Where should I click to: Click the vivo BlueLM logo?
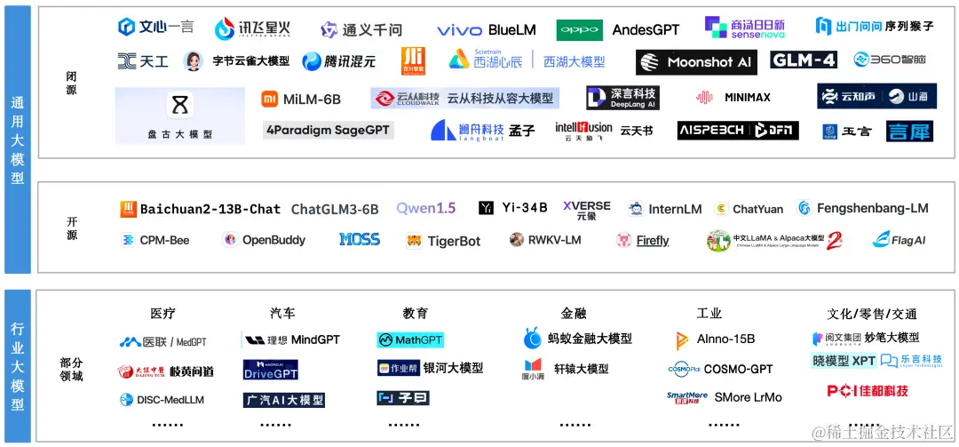click(x=486, y=30)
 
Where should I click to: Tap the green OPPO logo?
click(x=579, y=30)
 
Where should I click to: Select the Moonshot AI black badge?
click(x=696, y=62)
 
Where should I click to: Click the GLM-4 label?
click(x=804, y=60)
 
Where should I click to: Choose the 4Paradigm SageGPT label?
click(x=328, y=130)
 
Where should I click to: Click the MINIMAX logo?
click(x=733, y=98)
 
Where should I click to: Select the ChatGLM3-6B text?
click(x=335, y=209)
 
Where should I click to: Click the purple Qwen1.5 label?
click(x=425, y=208)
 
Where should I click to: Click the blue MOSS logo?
click(x=359, y=240)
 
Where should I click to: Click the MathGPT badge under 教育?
click(x=409, y=340)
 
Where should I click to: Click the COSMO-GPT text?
click(x=738, y=369)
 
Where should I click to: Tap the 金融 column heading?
click(x=573, y=314)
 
